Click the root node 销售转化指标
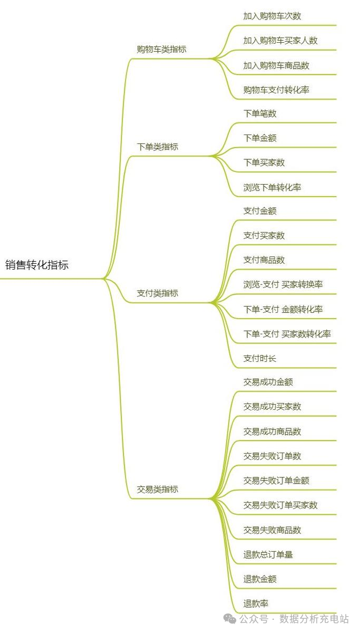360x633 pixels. pyautogui.click(x=37, y=265)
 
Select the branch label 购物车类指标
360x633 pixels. pyautogui.click(x=161, y=50)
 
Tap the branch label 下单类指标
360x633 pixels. pyautogui.click(x=158, y=147)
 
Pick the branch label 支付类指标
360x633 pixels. pyautogui.click(x=158, y=293)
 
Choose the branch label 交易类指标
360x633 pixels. pyautogui.click(x=158, y=489)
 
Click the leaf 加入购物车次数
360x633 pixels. pyautogui.click(x=272, y=16)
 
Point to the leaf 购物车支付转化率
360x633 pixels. pyautogui.click(x=276, y=90)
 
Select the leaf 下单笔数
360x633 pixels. pyautogui.click(x=260, y=113)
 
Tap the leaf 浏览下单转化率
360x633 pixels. pyautogui.click(x=272, y=187)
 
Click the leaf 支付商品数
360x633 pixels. pyautogui.click(x=264, y=260)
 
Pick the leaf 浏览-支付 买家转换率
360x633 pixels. pyautogui.click(x=283, y=285)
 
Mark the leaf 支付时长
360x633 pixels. pyautogui.click(x=260, y=359)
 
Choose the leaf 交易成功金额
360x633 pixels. pyautogui.click(x=268, y=382)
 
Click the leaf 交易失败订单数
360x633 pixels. pyautogui.click(x=272, y=456)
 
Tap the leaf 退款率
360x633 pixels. pyautogui.click(x=256, y=603)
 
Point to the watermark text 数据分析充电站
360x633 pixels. pyautogui.click(x=314, y=618)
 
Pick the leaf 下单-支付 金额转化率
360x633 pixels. pyautogui.click(x=283, y=310)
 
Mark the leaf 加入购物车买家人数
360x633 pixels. pyautogui.click(x=280, y=41)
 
